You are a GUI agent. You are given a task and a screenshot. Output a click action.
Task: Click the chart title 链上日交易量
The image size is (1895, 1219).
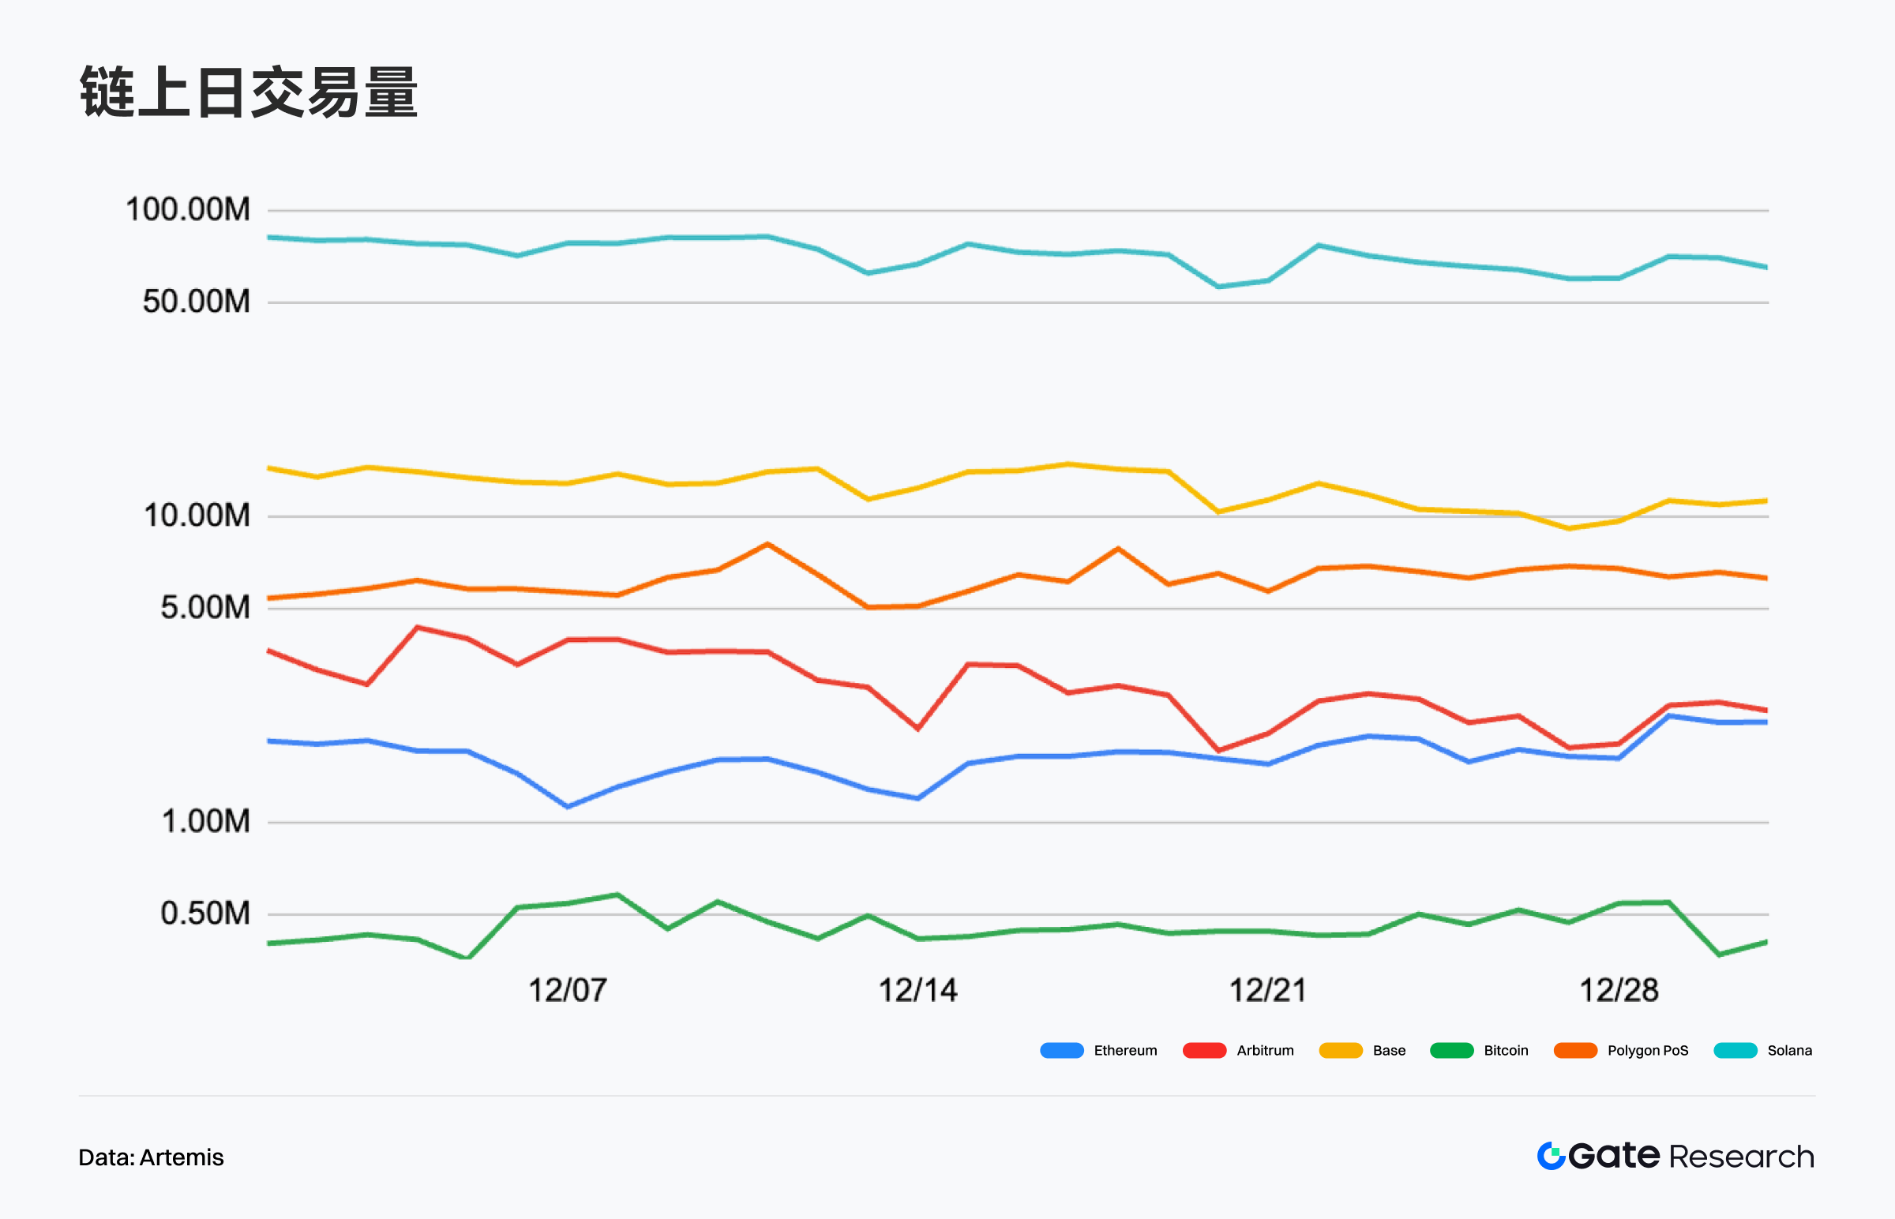tap(249, 92)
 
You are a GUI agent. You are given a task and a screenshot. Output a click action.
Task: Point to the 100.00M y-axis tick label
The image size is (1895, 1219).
tap(188, 210)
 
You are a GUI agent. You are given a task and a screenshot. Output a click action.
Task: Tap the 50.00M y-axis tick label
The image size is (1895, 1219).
tap(197, 302)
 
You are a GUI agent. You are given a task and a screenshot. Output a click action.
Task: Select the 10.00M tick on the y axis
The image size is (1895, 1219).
tap(197, 516)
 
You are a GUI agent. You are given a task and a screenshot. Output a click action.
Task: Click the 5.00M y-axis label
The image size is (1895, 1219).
tap(205, 607)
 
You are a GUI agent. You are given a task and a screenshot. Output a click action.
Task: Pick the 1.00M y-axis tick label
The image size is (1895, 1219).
tap(205, 821)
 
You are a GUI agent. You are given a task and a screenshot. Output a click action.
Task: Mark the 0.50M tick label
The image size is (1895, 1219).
tap(205, 913)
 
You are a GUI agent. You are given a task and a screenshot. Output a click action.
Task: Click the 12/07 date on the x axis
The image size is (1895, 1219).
tap(568, 990)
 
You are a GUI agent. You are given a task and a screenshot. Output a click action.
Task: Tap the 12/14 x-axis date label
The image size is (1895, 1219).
tap(918, 990)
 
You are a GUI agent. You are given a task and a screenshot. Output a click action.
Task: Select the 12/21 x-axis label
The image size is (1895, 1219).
tap(1268, 990)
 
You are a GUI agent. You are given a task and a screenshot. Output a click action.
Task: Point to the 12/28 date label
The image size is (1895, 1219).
tap(1619, 990)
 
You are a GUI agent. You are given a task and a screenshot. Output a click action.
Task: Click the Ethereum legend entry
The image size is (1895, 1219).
tap(1125, 1050)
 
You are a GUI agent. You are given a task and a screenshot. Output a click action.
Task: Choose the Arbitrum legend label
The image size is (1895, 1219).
tap(1265, 1050)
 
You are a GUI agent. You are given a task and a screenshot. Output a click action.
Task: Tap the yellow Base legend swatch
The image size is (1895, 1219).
tap(1340, 1050)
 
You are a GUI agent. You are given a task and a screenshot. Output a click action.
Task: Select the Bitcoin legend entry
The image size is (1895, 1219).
tap(1506, 1050)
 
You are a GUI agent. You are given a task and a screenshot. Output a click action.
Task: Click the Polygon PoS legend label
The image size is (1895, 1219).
tap(1647, 1050)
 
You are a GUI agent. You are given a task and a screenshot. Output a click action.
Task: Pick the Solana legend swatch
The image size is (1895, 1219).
tap(1735, 1050)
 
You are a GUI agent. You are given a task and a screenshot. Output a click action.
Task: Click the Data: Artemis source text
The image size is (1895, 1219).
tap(151, 1157)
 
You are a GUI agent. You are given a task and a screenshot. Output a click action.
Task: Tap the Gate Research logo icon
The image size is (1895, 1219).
tap(1552, 1156)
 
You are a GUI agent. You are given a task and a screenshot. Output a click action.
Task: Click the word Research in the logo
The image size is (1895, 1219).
tap(1742, 1157)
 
